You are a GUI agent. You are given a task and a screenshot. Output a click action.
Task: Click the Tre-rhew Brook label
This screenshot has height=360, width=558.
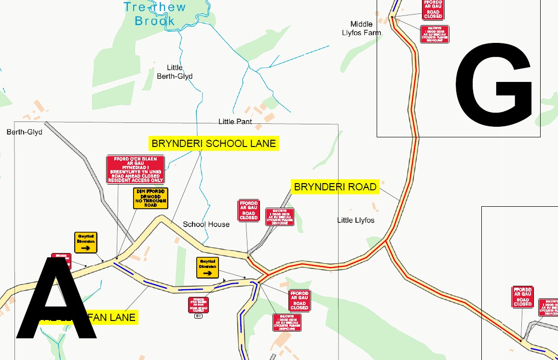[155, 14]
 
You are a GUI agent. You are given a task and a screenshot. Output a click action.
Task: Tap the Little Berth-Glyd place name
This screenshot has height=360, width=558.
[175, 72]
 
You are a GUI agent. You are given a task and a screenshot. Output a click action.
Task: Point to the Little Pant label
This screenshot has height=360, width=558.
[235, 121]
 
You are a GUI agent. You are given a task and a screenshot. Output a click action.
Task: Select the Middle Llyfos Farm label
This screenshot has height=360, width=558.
[361, 28]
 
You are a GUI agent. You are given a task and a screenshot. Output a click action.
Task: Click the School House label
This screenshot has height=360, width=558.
[206, 224]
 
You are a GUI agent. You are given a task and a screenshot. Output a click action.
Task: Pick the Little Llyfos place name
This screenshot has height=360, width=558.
[355, 220]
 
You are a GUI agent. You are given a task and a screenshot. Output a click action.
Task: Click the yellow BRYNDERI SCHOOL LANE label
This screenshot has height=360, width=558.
[214, 144]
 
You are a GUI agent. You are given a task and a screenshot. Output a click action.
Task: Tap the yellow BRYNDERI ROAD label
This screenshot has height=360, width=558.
[335, 187]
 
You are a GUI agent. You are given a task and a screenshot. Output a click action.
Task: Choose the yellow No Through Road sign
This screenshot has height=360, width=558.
[150, 198]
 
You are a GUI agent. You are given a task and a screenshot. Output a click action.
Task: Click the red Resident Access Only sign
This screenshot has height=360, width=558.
[136, 169]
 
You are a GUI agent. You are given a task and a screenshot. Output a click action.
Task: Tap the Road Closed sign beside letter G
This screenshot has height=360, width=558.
[433, 10]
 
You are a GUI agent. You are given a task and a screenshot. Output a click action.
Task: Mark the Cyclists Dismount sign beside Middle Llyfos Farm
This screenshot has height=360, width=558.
[435, 34]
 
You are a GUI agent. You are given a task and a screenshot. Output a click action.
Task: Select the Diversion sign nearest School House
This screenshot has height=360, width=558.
[208, 267]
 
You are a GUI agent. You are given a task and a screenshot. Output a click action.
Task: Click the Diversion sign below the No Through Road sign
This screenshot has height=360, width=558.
[86, 242]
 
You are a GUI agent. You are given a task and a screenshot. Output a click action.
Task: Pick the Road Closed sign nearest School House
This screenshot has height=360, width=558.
[249, 211]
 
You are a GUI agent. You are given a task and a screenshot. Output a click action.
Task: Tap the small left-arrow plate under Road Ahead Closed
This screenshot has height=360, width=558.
[198, 316]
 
